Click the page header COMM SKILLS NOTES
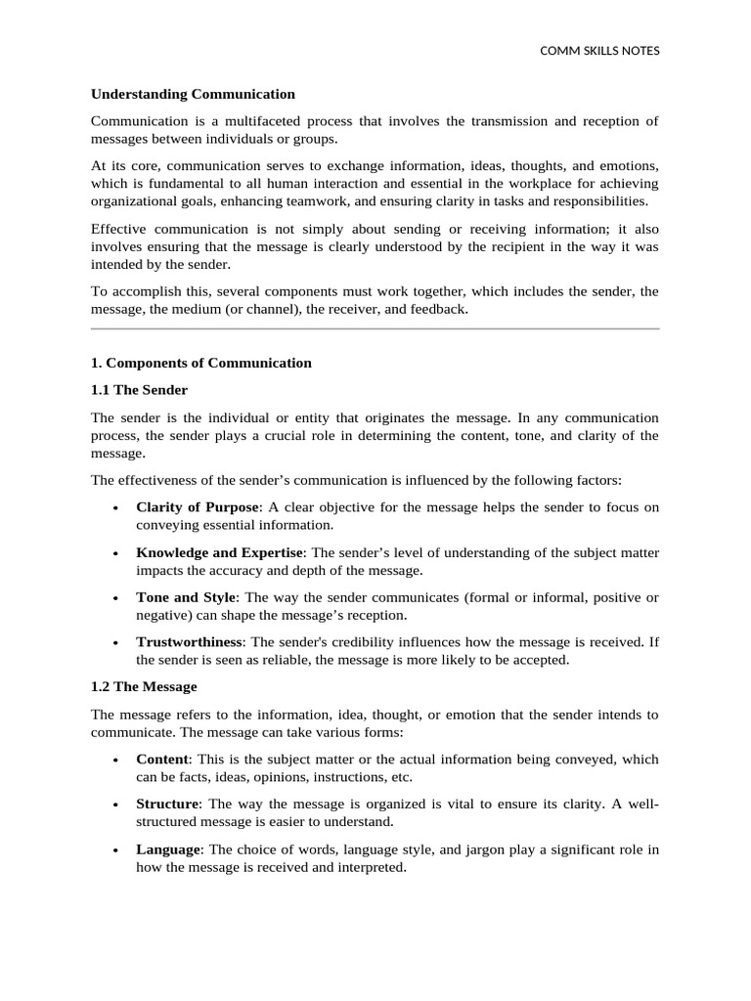(599, 51)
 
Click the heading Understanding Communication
(193, 95)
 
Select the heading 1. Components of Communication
(201, 363)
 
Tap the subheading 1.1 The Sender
(139, 390)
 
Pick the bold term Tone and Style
(185, 596)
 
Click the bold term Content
(161, 759)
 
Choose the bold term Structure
(167, 804)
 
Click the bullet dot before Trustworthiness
(116, 643)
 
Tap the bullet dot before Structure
(116, 805)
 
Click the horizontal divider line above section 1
(375, 329)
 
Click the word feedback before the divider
(441, 309)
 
